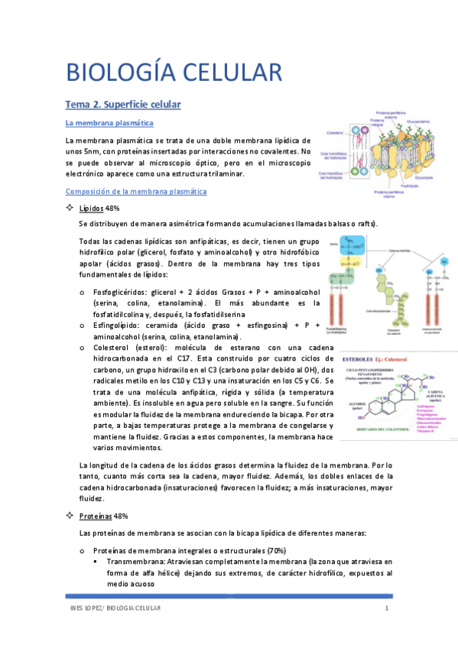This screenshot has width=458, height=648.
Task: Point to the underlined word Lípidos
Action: [93, 209]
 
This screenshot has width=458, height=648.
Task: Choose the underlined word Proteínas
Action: [96, 517]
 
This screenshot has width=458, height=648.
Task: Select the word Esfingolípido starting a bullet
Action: [119, 325]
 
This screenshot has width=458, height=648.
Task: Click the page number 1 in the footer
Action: [387, 608]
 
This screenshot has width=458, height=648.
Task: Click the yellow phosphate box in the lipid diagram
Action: [351, 261]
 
